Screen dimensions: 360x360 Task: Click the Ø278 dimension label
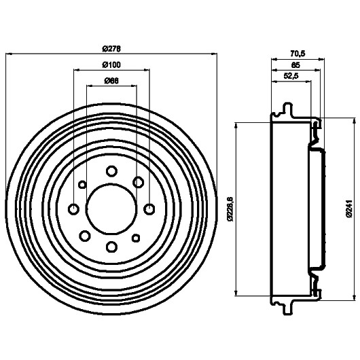(x=111, y=49)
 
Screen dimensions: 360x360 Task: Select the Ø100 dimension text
(x=111, y=65)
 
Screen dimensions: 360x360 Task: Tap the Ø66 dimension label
(x=111, y=81)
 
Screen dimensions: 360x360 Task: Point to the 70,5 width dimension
(x=298, y=54)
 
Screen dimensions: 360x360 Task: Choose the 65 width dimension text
(x=295, y=65)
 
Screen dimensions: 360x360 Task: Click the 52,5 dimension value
(x=291, y=76)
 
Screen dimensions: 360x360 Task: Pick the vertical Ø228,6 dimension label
(x=230, y=209)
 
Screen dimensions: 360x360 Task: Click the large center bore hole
(x=111, y=209)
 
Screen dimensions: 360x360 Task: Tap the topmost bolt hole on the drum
(x=112, y=171)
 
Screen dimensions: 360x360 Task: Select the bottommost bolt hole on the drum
(x=112, y=247)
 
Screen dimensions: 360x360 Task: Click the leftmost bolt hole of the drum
(x=74, y=209)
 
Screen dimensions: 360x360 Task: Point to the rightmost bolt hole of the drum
(x=149, y=209)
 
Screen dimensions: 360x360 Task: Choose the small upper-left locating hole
(x=82, y=184)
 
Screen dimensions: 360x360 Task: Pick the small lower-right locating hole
(x=136, y=238)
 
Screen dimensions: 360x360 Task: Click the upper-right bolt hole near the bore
(x=139, y=182)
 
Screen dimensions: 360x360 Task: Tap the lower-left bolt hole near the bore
(x=85, y=236)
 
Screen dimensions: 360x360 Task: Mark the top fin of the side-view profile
(x=288, y=110)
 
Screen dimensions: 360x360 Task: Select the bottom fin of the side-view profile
(x=288, y=307)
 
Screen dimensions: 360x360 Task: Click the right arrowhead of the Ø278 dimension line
(x=214, y=54)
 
